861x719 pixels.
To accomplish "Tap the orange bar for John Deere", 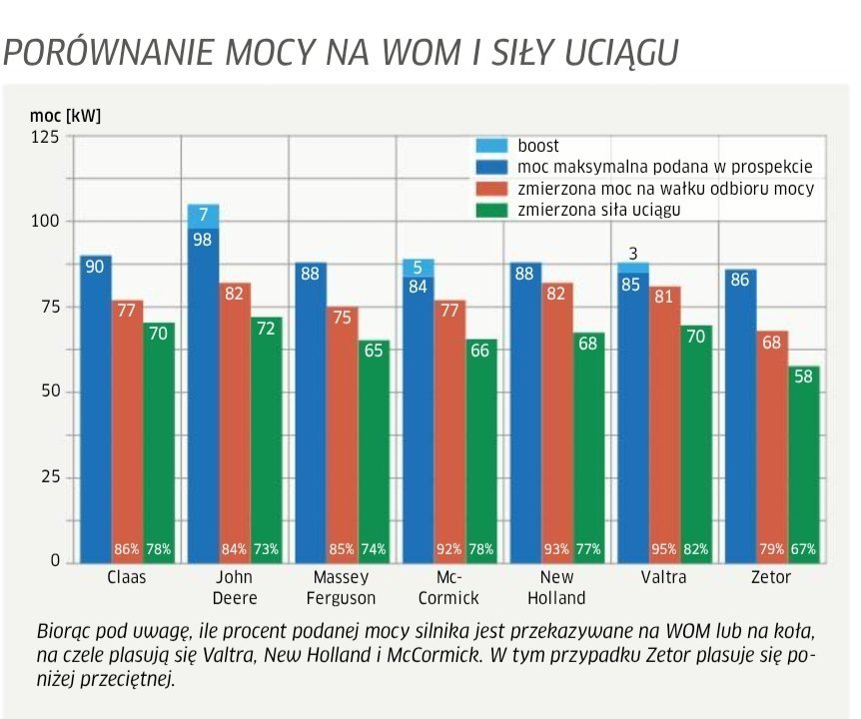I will point(235,419).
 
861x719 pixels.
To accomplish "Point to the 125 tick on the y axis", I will point(45,137).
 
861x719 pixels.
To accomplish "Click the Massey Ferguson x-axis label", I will point(342,587).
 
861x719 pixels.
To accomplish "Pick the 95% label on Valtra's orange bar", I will point(664,549).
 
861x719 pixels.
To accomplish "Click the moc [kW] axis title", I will point(65,115).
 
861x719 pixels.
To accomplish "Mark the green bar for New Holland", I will point(588,449).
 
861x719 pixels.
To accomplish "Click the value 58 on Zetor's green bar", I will point(803,377).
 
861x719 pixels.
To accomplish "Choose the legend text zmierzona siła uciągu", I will point(599,210).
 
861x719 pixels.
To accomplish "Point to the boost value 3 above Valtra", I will point(632,253).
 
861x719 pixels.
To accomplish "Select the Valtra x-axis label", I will point(662,578).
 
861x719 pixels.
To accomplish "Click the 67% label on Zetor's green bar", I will point(803,549).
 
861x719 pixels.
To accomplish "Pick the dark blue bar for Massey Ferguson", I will point(311,409).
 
